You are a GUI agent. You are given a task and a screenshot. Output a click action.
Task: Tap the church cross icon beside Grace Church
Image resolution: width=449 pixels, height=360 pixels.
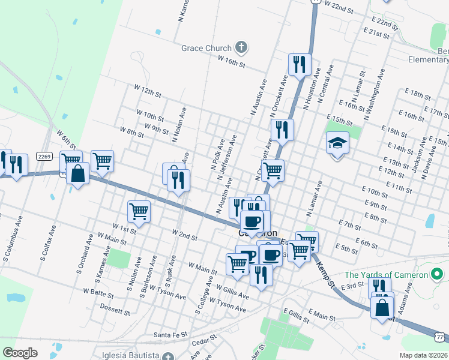click(241, 47)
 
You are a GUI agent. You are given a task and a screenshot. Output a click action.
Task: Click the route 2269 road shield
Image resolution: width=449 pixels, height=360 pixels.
click(44, 156)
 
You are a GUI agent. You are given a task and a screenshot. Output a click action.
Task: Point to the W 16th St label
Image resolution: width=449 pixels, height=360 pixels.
click(232, 61)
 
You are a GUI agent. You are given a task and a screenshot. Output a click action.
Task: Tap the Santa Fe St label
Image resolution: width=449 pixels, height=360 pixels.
click(171, 334)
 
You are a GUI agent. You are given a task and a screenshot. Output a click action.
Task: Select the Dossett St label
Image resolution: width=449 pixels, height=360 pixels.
click(115, 311)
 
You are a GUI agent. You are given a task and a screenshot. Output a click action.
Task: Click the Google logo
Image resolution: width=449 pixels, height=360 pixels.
click(20, 353)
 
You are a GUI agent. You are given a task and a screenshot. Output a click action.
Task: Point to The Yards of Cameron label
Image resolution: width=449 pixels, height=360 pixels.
click(386, 275)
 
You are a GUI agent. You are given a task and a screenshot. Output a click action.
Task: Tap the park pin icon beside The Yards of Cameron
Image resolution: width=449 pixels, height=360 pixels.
click(438, 275)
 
